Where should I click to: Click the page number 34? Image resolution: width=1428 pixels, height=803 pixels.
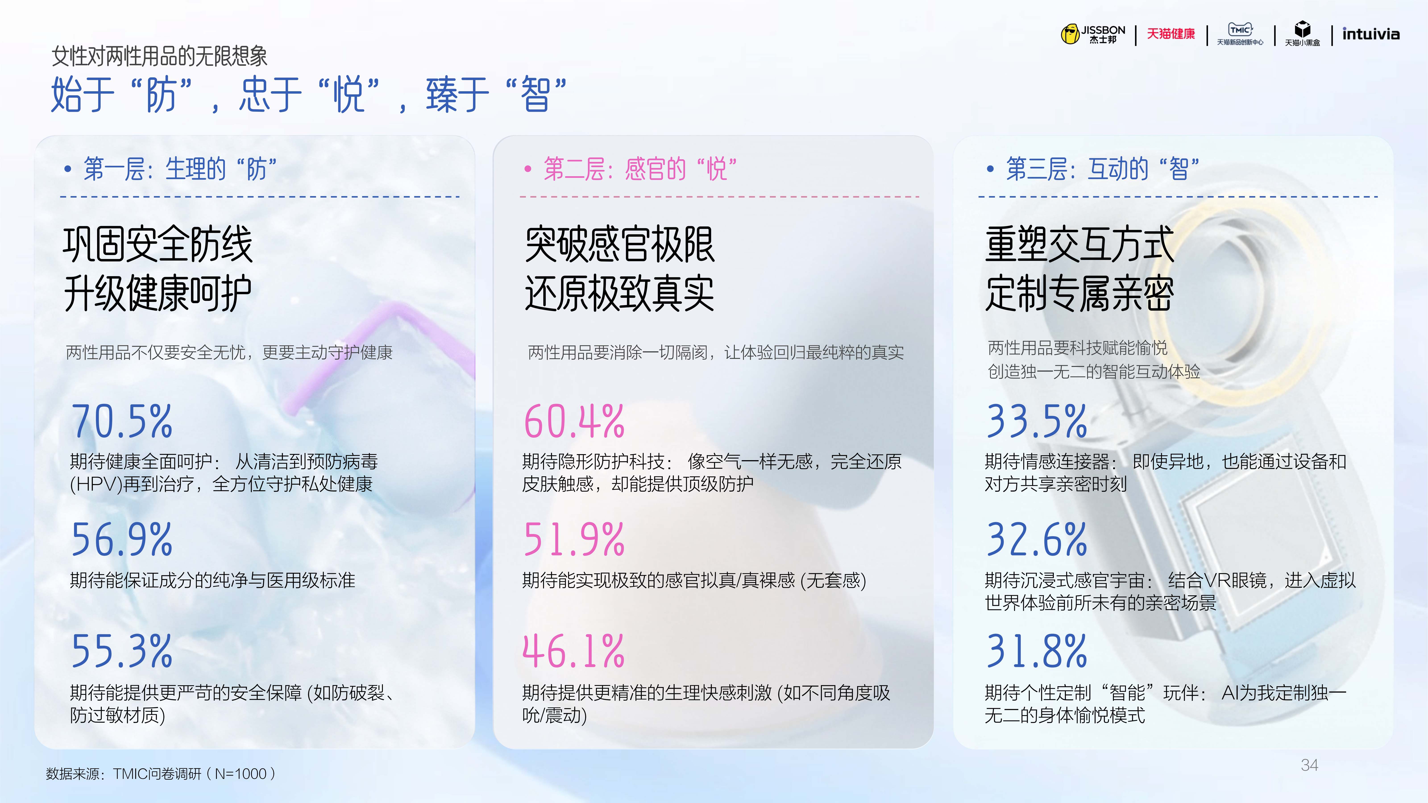click(1309, 765)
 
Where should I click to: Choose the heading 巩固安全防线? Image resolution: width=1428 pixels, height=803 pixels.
click(158, 244)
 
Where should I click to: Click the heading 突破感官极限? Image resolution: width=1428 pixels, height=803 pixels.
click(620, 244)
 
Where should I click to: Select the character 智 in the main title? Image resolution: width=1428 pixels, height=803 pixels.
click(535, 94)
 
